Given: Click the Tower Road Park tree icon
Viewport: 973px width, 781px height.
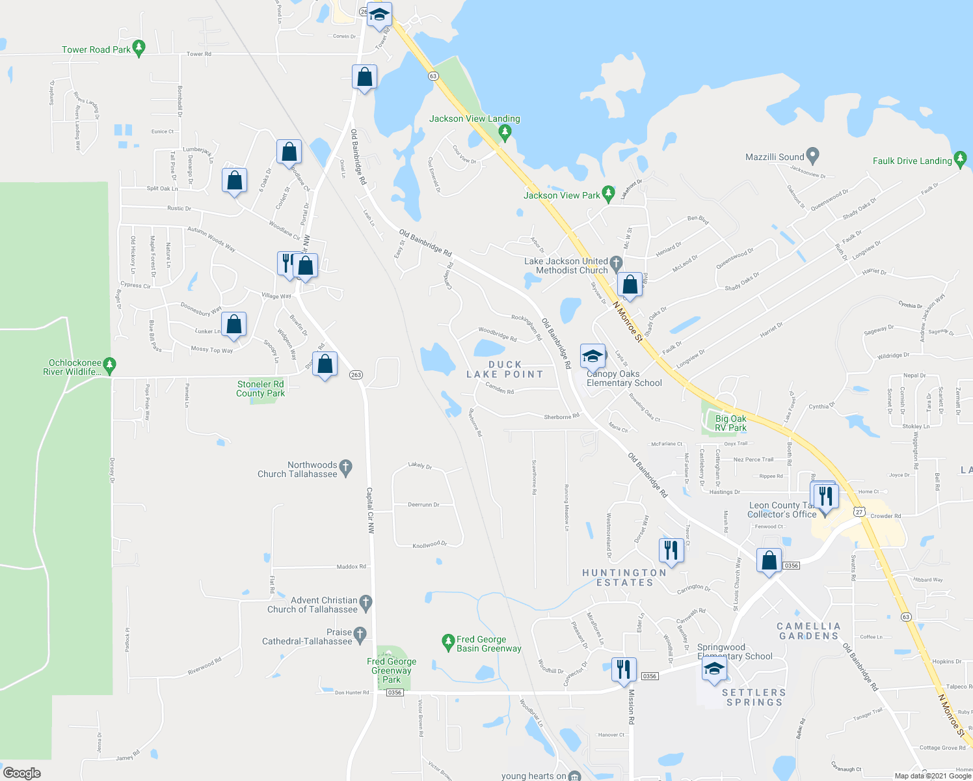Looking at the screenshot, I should coord(139,48).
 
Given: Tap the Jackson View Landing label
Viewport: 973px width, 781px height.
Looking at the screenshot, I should coord(474,118).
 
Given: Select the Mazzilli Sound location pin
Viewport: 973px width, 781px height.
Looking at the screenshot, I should coord(812,156).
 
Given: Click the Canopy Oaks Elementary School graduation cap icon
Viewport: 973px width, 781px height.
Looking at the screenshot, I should coord(593,357).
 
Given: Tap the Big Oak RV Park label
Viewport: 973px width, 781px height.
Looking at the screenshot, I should coord(730,423).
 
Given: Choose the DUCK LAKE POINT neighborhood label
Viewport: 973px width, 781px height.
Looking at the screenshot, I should coord(505,369).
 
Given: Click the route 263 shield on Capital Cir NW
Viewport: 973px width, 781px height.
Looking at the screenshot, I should coord(356,375).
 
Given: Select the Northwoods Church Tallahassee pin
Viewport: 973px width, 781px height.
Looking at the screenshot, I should coord(346,467).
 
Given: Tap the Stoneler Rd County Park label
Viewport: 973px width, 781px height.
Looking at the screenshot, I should coord(260,389).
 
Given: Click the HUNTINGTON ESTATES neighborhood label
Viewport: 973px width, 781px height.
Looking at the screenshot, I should coord(624,577).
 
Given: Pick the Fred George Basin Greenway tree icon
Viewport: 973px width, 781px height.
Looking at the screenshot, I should coord(447,643).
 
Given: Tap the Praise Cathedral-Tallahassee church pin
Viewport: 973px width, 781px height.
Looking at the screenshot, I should coord(360,633).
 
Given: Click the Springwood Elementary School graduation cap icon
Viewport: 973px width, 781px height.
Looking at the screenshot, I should coord(714,669).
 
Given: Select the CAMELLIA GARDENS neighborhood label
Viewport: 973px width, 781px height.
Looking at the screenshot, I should coord(808,631).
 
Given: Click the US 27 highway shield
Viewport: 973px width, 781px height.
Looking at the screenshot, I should coord(859,512).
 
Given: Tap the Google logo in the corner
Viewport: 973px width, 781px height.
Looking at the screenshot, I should coord(22,773).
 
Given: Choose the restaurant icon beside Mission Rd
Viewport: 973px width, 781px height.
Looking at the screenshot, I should coord(623,670).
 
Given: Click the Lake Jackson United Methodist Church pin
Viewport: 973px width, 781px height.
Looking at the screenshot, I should coord(616,263).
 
